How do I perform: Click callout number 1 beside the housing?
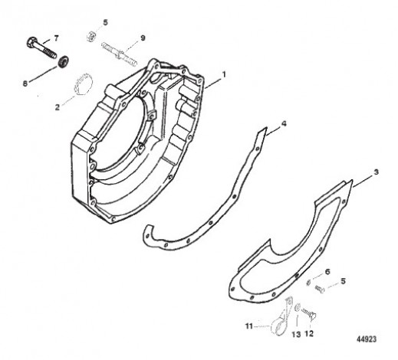[x=224, y=75]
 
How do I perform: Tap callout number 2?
[x=58, y=107]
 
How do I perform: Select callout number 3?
[x=376, y=172]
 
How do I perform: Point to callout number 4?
[x=284, y=124]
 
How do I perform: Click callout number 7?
[x=56, y=38]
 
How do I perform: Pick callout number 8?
[x=25, y=83]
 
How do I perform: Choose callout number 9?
[x=143, y=38]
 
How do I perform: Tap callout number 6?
[x=327, y=272]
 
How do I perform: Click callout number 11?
[x=249, y=326]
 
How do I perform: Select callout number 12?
[x=309, y=333]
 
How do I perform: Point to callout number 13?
[x=296, y=334]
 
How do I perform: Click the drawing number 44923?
[x=367, y=339]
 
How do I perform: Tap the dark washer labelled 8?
[x=63, y=62]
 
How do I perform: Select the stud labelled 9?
[x=120, y=54]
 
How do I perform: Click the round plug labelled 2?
[x=83, y=83]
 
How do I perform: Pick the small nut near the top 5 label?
[x=90, y=36]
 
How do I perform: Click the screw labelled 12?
[x=309, y=313]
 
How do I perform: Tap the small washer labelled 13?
[x=298, y=307]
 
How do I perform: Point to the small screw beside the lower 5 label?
[x=320, y=289]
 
